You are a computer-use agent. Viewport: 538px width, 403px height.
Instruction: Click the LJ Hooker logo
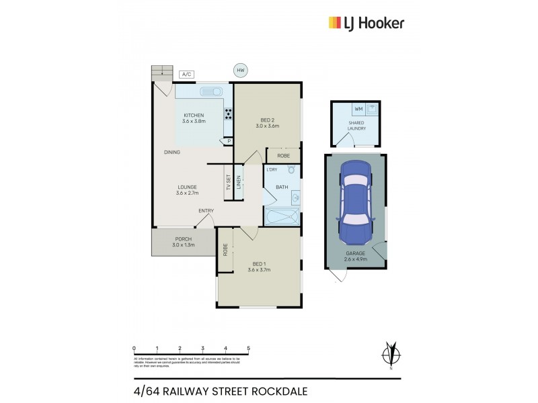coord(366,23)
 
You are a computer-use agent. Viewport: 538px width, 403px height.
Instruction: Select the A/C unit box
coord(186,75)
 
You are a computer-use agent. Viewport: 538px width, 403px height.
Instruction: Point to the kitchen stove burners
coord(228,114)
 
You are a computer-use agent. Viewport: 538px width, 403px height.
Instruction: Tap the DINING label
coord(171,152)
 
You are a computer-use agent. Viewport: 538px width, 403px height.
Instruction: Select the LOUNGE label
coord(188,187)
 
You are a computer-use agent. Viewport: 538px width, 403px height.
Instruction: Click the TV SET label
coord(229,181)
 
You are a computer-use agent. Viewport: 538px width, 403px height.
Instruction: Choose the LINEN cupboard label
coord(238,181)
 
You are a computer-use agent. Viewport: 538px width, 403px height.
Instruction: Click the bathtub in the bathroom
coord(282,217)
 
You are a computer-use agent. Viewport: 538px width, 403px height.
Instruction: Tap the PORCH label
coord(184,239)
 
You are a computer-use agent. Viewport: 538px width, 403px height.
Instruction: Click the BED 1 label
coord(258,265)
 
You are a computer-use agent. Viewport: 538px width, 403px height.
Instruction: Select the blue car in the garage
coord(355,202)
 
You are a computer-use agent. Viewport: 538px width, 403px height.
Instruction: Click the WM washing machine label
coord(358,108)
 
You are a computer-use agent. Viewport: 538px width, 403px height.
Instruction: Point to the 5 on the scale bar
coord(249,348)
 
